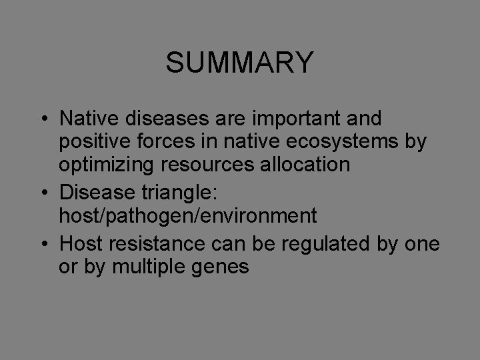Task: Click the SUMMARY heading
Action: tap(239, 63)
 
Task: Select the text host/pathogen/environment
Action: tap(188, 215)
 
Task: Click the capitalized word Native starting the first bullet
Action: tap(83, 119)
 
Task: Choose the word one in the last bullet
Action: tap(423, 244)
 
